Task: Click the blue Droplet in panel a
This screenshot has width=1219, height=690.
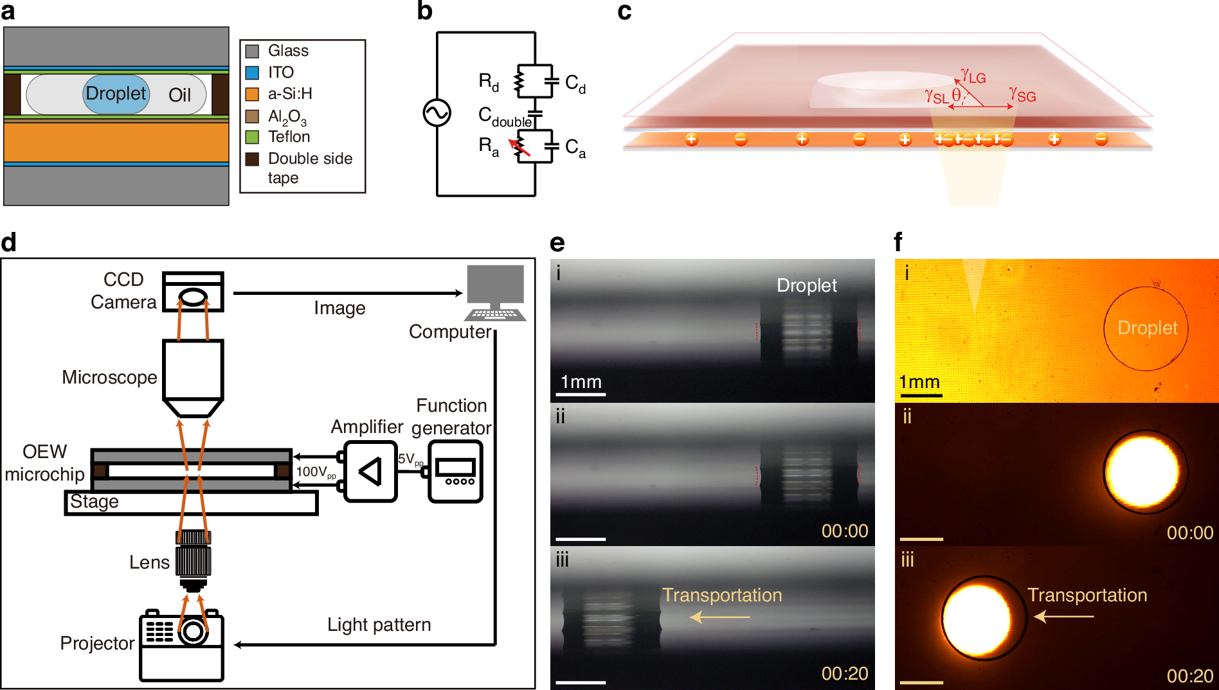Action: (x=116, y=94)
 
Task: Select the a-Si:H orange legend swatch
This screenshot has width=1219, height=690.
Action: (x=252, y=94)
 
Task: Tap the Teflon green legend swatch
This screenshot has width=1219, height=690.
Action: (x=252, y=137)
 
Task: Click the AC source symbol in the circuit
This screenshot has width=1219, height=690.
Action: (x=437, y=113)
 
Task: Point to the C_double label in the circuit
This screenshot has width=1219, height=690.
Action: (x=505, y=117)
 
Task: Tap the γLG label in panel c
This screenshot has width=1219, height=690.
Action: (x=973, y=76)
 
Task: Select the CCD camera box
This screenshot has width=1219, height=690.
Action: (x=193, y=292)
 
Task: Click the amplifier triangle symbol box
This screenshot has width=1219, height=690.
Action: (x=370, y=472)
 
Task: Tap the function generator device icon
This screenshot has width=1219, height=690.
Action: (x=455, y=472)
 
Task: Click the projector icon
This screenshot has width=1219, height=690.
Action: (x=181, y=646)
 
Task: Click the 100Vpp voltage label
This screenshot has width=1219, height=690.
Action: (x=316, y=472)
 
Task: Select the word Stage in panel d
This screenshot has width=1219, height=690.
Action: (x=94, y=502)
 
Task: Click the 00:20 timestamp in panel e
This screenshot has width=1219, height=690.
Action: (x=844, y=673)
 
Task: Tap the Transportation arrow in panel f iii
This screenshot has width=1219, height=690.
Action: (x=1063, y=616)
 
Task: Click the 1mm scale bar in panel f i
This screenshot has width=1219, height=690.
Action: (x=920, y=394)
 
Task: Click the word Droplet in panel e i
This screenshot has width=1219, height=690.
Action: (x=806, y=285)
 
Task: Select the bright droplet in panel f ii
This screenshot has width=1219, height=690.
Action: (x=1144, y=472)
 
